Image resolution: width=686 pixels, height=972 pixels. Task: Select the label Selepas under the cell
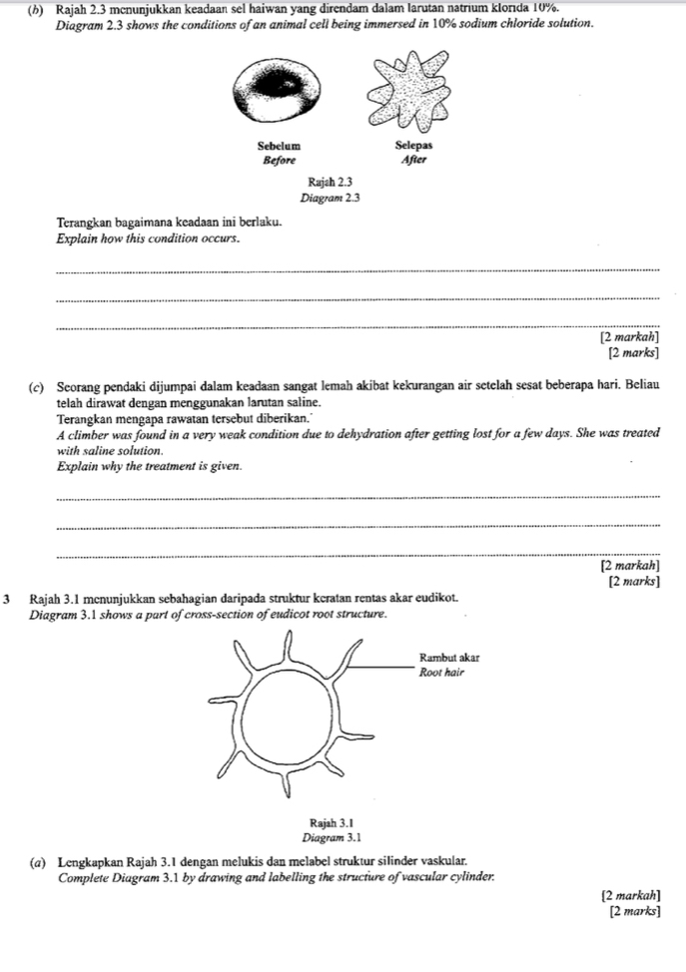pyautogui.click(x=411, y=146)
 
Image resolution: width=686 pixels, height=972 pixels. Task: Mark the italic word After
pyautogui.click(x=411, y=159)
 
